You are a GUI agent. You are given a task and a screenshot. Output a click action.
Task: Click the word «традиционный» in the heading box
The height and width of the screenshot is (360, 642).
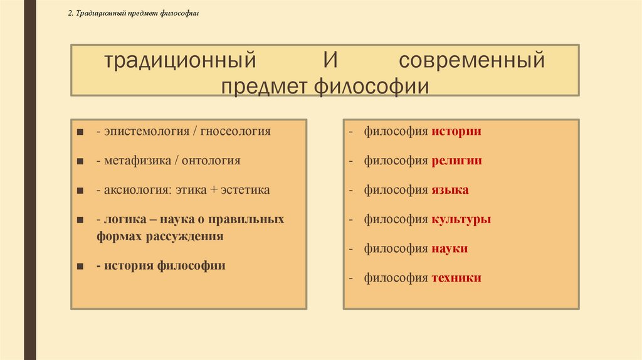[x=181, y=61]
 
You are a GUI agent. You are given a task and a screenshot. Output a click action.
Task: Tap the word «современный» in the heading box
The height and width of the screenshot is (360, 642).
[x=471, y=61]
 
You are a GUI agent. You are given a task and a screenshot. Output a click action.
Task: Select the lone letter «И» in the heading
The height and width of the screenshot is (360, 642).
[x=331, y=61]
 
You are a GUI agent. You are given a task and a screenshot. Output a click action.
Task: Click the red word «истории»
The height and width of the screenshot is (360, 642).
[x=456, y=132]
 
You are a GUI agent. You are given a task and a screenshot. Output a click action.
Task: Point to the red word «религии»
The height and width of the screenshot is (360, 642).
[x=456, y=161]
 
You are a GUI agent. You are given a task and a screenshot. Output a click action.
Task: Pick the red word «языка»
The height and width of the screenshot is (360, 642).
[x=450, y=190]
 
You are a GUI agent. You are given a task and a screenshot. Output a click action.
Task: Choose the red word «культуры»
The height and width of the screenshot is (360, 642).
[x=461, y=220]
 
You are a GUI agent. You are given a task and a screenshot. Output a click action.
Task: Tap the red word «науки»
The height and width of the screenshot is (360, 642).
[x=450, y=248]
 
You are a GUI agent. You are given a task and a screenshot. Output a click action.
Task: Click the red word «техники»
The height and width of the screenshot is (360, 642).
[x=456, y=278]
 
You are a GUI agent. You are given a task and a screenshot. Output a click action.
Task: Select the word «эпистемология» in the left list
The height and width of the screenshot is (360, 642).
[x=144, y=132]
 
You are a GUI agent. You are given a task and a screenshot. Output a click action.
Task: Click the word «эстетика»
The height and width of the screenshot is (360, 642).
[x=245, y=190]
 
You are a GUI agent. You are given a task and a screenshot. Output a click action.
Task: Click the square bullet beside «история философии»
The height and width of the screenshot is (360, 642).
[x=81, y=266]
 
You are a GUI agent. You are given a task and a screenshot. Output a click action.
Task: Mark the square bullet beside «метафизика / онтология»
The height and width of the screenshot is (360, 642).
[x=81, y=161]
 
